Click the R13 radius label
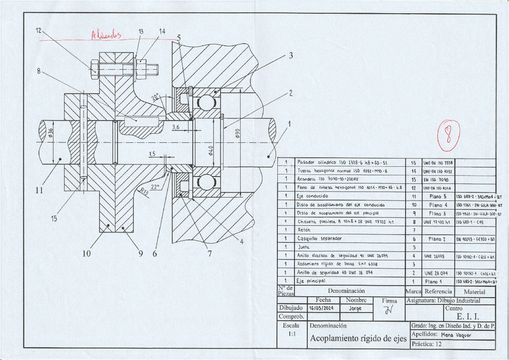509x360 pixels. click(144, 192)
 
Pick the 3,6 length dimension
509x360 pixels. click(176, 127)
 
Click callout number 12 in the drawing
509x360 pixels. click(38, 30)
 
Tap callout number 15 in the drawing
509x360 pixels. click(54, 219)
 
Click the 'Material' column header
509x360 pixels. click(475, 291)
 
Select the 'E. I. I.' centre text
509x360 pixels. click(468, 316)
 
